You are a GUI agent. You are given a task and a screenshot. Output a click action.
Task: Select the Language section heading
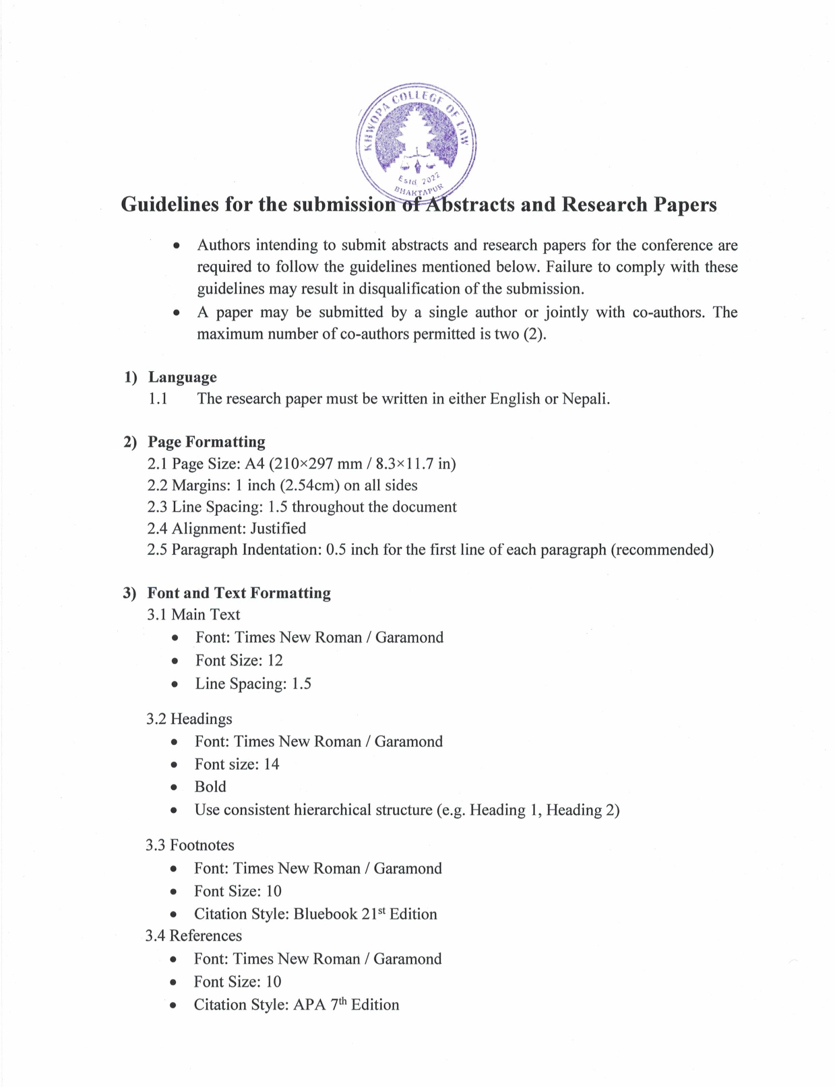[x=182, y=377]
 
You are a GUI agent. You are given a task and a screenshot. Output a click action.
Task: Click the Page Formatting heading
[x=206, y=442]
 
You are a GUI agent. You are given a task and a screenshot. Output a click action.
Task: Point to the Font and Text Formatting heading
[x=239, y=593]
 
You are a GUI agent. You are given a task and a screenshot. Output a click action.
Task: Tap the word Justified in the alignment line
[x=278, y=529]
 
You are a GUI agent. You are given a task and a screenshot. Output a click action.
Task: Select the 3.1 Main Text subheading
[x=193, y=614]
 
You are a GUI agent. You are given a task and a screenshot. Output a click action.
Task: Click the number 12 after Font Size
[x=275, y=660]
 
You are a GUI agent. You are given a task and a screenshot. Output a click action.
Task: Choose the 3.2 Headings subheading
[x=189, y=719]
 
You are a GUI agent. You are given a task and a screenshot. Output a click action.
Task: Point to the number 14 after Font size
[x=271, y=764]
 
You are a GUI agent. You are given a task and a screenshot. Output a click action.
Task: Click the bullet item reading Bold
[x=210, y=787]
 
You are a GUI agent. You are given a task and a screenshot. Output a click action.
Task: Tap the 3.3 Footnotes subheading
[x=190, y=845]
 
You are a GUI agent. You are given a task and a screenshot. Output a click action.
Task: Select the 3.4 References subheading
[x=193, y=935]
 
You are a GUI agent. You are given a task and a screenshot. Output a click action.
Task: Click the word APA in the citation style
[x=309, y=1005]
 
